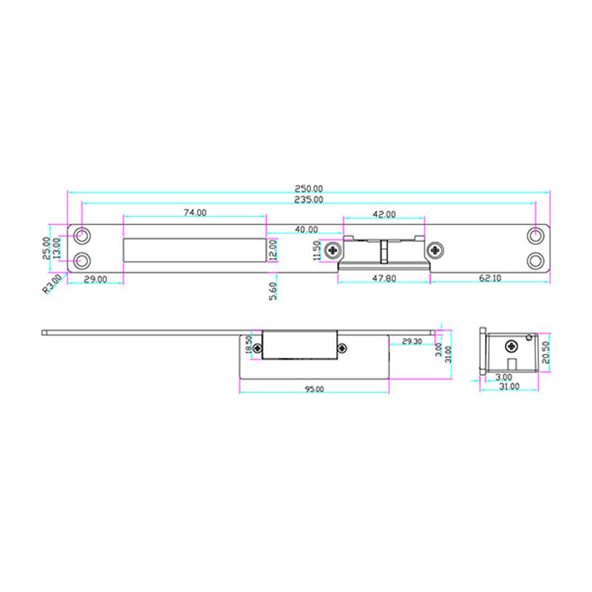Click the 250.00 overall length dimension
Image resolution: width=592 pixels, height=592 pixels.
(309, 188)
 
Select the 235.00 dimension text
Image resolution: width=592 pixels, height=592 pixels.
(309, 200)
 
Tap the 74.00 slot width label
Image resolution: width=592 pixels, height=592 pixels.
(195, 213)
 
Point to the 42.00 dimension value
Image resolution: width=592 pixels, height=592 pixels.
(384, 214)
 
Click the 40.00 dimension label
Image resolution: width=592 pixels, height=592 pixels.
(306, 229)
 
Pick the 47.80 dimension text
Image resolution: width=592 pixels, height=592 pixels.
(384, 278)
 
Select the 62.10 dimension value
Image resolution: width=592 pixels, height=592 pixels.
(488, 278)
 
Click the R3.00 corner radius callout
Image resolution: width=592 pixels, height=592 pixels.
(52, 284)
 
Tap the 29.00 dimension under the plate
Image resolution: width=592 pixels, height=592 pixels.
(95, 279)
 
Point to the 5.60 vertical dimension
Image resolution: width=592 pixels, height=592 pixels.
(272, 291)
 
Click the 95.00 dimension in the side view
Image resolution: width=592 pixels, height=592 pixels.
(314, 389)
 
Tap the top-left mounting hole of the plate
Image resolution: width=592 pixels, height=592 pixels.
(83, 236)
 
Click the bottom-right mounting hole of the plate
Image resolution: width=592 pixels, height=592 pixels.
(536, 261)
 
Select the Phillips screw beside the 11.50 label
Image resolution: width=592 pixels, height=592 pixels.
(334, 250)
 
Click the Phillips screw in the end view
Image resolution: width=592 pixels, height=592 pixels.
(511, 345)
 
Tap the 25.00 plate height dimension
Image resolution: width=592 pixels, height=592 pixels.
(46, 248)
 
